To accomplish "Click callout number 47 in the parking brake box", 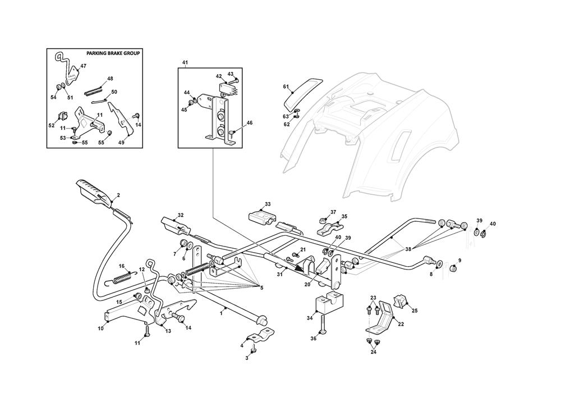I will tap(83, 66).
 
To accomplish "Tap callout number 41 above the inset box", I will tap(185, 62).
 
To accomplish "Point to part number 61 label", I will tap(286, 87).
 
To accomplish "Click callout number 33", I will tap(268, 204).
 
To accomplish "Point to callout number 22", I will tap(401, 323).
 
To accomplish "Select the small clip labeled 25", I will tap(401, 302).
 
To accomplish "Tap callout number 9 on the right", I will tap(460, 260).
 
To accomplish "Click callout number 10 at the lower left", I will tap(101, 328).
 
